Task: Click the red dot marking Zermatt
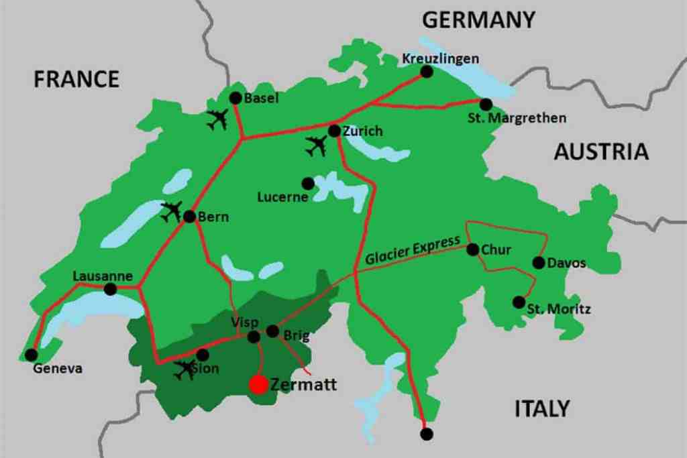coord(258,384)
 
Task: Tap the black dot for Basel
coord(235,98)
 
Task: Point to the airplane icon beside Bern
coord(172,211)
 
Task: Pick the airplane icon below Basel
coord(217,120)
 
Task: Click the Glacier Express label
coord(413,250)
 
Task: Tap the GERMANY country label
coord(478,20)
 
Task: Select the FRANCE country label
coord(76,79)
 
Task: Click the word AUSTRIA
coord(601,152)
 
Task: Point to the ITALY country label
coord(542,408)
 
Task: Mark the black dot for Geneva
coord(31,355)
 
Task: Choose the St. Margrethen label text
coord(517,118)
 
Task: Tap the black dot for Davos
coord(538,262)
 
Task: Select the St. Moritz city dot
coord(519,302)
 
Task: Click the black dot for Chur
coord(472,249)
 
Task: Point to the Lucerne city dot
coord(308,183)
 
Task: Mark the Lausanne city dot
coord(111,289)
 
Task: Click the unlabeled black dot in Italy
coord(426,434)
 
